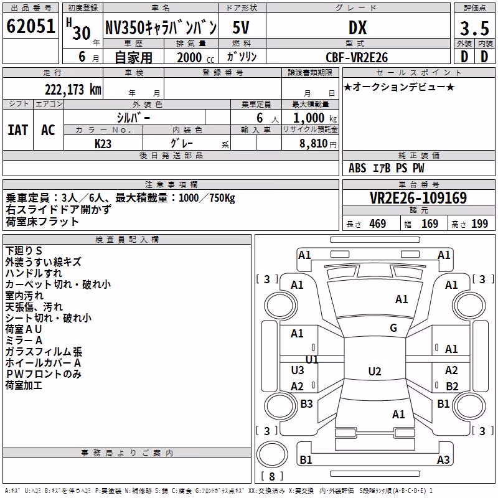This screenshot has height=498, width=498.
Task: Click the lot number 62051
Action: click(31, 26)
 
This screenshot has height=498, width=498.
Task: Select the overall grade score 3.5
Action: click(474, 28)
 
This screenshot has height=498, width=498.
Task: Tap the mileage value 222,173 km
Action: click(73, 90)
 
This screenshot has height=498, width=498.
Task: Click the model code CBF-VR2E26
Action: click(357, 57)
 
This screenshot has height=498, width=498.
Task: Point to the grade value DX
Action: click(357, 27)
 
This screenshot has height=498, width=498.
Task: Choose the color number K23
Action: click(103, 144)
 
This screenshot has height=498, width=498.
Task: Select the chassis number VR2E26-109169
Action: click(418, 197)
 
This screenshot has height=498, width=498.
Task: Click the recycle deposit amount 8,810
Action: click(314, 144)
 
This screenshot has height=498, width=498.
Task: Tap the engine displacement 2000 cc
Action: click(195, 57)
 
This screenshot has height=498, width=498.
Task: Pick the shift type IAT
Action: click(18, 130)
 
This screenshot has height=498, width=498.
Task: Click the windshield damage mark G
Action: click(393, 327)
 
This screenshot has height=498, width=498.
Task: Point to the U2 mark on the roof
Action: click(375, 371)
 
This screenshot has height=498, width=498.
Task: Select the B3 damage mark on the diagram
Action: click(306, 403)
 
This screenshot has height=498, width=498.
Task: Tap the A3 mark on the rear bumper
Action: click(443, 459)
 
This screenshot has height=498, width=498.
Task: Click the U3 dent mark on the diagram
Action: click(298, 370)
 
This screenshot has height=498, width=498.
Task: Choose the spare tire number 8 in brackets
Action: click(272, 476)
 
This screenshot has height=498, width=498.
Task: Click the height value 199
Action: click(479, 224)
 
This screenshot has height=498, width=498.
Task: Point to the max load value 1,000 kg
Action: click(315, 118)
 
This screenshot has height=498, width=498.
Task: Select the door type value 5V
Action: click(241, 27)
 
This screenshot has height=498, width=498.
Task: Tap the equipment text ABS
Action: click(357, 168)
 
